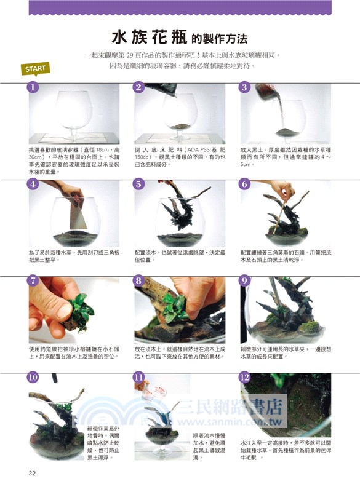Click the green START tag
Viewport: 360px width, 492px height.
(34, 68)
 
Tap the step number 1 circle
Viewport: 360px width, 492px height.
(33, 87)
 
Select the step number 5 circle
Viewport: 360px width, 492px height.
(139, 184)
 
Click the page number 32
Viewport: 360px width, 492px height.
(33, 473)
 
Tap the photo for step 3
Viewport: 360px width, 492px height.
(285, 114)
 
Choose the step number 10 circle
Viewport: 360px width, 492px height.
(33, 377)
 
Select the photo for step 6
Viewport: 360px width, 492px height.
(285, 213)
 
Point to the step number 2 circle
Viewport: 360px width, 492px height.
(139, 87)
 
